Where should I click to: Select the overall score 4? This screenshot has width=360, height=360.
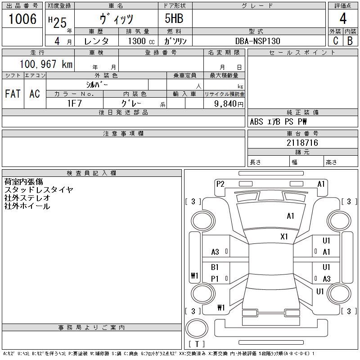pos(343,19)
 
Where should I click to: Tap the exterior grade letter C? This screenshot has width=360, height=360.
pos(335,40)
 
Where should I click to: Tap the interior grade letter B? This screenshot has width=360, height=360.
pos(350,40)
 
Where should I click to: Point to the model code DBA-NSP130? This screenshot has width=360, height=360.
pos(258,41)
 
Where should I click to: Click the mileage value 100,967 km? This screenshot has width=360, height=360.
pos(46,64)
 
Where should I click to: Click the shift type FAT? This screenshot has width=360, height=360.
pos(13,94)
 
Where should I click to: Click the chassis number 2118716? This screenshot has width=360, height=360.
pos(289,143)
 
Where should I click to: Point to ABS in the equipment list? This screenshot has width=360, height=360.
pos(256,121)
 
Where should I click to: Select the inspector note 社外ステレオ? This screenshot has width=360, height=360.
pos(27,198)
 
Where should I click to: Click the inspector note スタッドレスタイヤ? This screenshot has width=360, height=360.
pos(39,190)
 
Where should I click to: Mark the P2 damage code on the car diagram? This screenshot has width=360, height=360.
pos(220,184)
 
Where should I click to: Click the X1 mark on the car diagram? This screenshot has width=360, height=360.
pos(284,236)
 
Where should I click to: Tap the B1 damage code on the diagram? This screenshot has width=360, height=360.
pos(215,267)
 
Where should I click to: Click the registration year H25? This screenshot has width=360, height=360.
pos(58,20)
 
